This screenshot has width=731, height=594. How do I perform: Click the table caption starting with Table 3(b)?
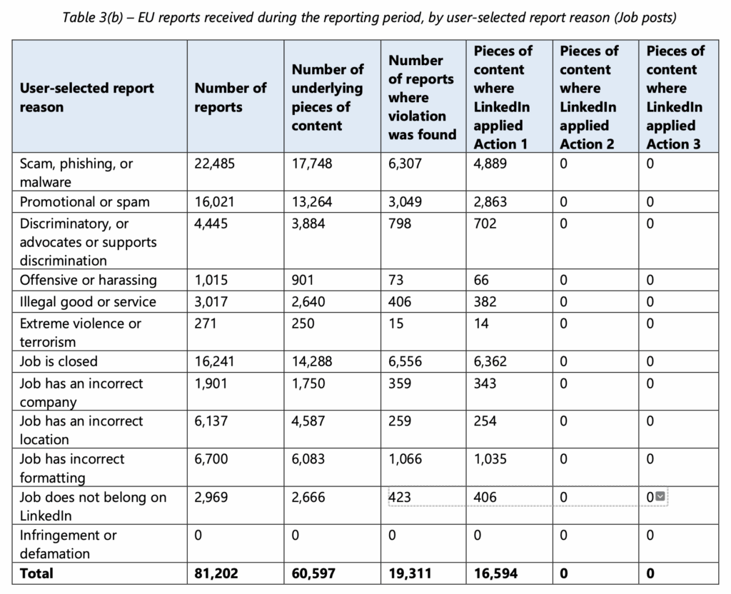tap(369, 17)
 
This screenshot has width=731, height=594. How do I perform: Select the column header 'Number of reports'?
tap(231, 97)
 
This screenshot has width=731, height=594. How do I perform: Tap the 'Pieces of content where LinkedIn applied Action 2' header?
tap(589, 97)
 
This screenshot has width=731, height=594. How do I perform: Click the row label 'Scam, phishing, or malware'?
tap(76, 173)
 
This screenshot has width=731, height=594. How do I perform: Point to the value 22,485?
tap(214, 163)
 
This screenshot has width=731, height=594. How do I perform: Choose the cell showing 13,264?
tap(312, 202)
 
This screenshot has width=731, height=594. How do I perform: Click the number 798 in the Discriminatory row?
tap(400, 223)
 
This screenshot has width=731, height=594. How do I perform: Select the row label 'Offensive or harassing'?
tap(88, 280)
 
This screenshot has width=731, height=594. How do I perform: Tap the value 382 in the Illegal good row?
tap(485, 302)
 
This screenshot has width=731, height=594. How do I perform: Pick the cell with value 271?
tap(206, 323)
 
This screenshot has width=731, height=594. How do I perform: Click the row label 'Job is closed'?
tap(59, 361)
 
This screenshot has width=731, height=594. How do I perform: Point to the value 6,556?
tap(405, 361)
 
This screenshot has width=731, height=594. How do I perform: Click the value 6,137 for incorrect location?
tap(211, 421)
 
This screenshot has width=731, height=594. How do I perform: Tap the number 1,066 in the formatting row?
tap(405, 459)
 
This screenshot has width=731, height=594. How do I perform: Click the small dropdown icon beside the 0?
tap(660, 496)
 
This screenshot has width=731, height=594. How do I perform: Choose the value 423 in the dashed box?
tap(400, 497)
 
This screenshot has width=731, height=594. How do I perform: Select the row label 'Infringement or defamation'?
tap(68, 544)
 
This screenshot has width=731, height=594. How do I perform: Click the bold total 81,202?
tap(216, 573)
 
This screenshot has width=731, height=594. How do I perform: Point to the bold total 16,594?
tap(495, 573)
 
